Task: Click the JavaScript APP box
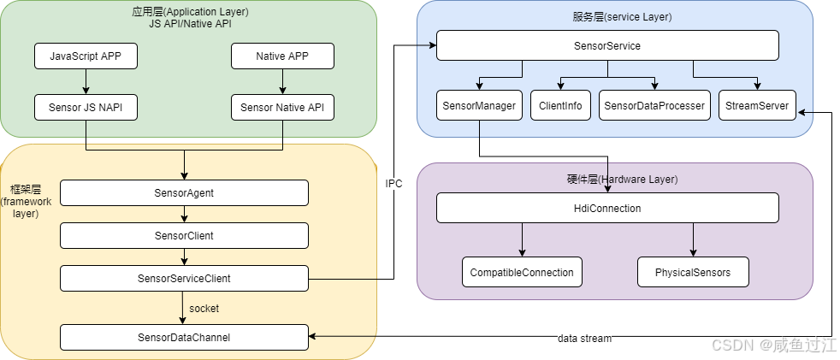pyautogui.click(x=86, y=56)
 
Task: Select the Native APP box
pyautogui.click(x=282, y=56)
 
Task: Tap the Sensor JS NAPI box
pyautogui.click(x=86, y=108)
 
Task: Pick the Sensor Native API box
pyautogui.click(x=282, y=108)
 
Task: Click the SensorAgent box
pyautogui.click(x=184, y=193)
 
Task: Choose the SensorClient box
pyautogui.click(x=184, y=235)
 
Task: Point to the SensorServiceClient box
pyautogui.click(x=184, y=278)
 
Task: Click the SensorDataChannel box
pyautogui.click(x=184, y=337)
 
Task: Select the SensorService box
pyautogui.click(x=607, y=46)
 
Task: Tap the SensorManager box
pyautogui.click(x=479, y=106)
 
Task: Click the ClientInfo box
pyautogui.click(x=560, y=106)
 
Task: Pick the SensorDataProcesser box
pyautogui.click(x=654, y=106)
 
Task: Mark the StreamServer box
pyautogui.click(x=757, y=106)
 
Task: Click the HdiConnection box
pyautogui.click(x=607, y=208)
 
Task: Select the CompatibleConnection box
pyautogui.click(x=522, y=272)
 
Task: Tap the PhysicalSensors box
pyautogui.click(x=693, y=272)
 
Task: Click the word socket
pyautogui.click(x=206, y=308)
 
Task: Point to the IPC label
pyautogui.click(x=394, y=184)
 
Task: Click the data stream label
pyautogui.click(x=584, y=339)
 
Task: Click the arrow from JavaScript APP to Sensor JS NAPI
pyautogui.click(x=86, y=82)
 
